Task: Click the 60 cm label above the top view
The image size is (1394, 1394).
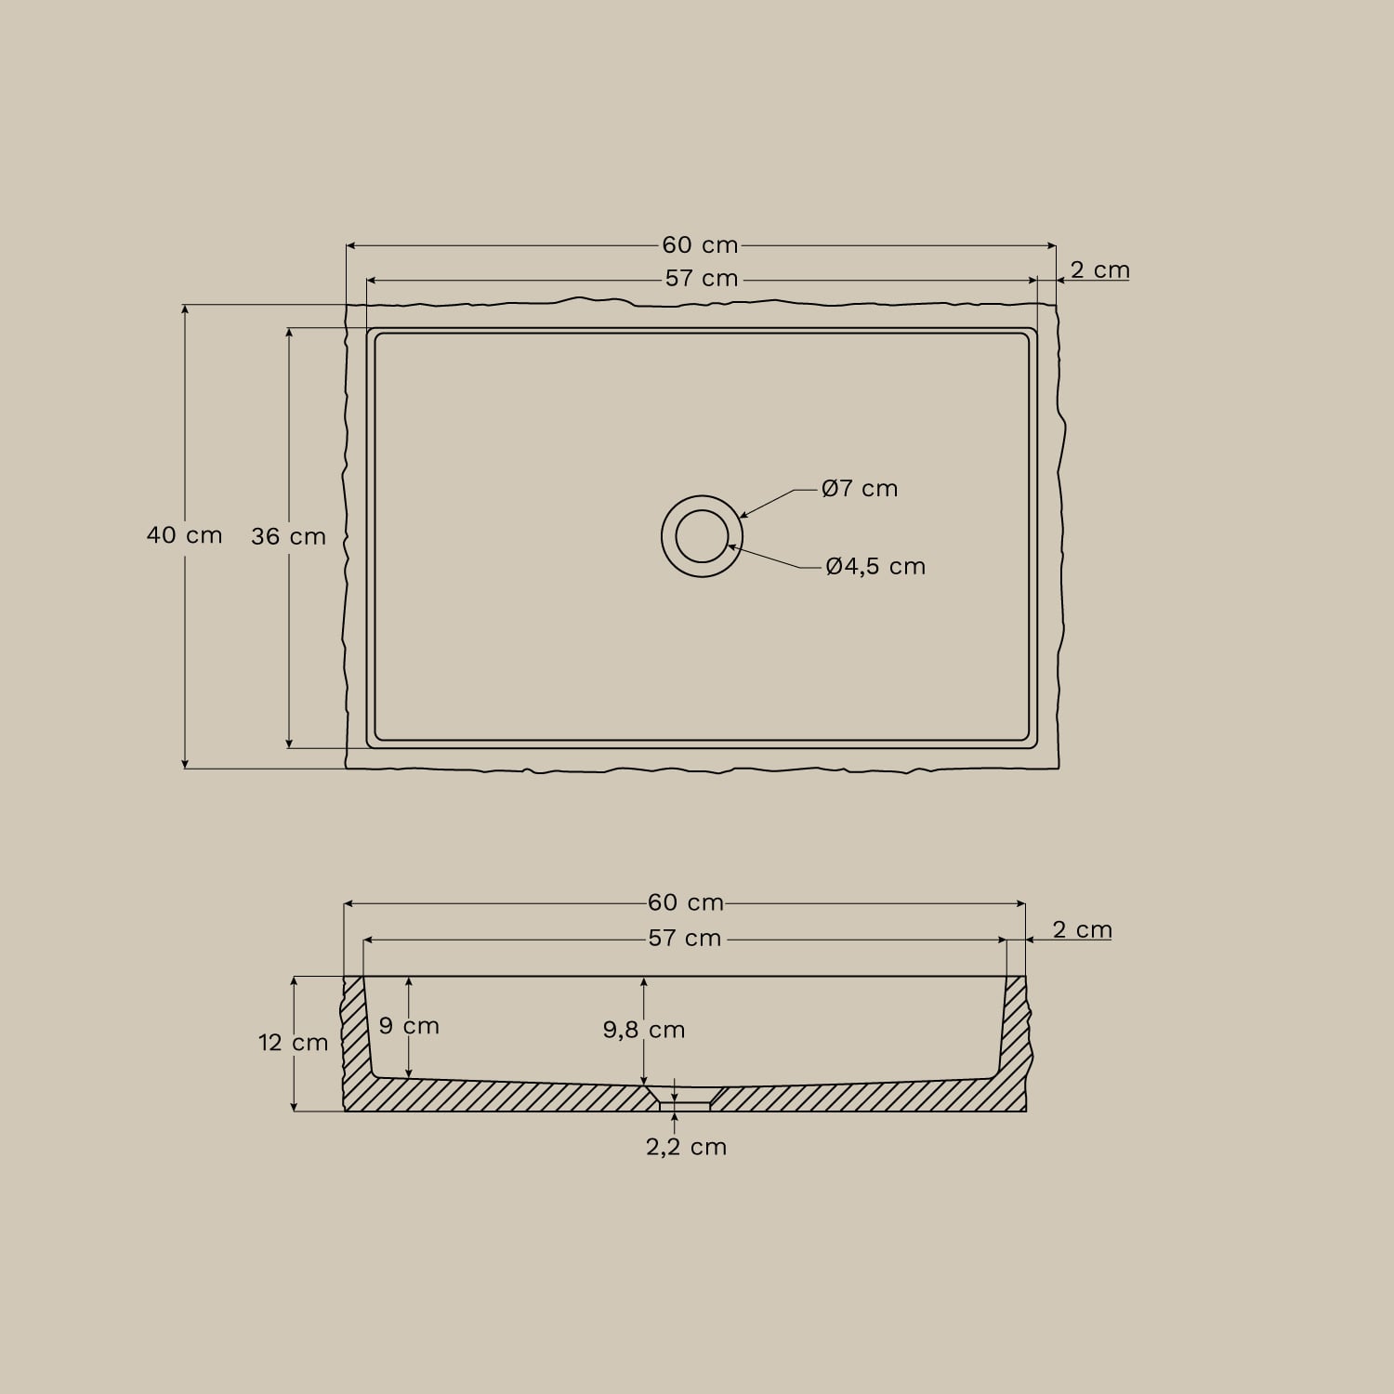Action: tap(700, 245)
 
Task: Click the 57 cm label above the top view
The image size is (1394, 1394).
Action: tap(702, 279)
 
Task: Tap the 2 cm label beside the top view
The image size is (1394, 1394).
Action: tap(1100, 270)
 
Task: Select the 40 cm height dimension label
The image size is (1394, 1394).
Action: tap(185, 535)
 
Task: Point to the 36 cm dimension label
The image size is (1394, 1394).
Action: tap(288, 537)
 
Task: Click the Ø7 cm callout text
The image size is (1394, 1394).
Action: tap(860, 489)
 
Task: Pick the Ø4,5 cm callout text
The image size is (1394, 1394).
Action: tap(875, 567)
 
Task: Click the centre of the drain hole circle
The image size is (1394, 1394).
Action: tap(702, 536)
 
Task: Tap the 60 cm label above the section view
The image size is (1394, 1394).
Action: tap(686, 902)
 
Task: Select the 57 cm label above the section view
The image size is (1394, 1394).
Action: tap(685, 939)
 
